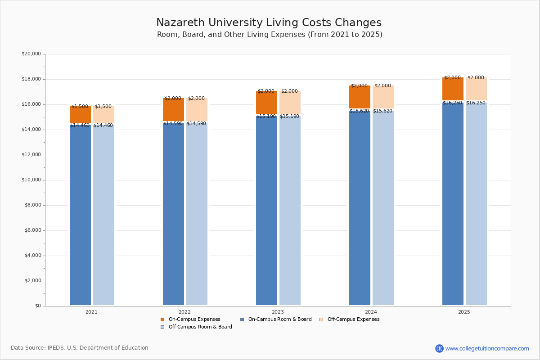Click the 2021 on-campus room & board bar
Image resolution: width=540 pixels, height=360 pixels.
(80, 216)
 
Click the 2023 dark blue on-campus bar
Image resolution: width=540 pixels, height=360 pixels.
(266, 211)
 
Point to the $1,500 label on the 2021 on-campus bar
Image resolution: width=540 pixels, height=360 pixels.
(80, 107)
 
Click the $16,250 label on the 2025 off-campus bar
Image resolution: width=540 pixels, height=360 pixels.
(476, 103)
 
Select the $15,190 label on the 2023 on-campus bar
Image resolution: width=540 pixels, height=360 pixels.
(266, 117)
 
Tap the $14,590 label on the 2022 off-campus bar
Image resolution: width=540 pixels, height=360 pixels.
(196, 124)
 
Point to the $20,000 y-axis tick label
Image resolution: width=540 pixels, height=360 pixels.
(31, 54)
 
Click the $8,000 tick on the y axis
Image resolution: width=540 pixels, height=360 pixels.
(32, 205)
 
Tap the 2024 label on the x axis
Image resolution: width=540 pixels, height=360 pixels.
(371, 312)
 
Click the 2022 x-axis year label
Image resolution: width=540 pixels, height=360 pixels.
(184, 312)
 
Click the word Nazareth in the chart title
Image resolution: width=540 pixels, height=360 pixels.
(178, 23)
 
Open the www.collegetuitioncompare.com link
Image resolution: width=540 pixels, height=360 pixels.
(487, 348)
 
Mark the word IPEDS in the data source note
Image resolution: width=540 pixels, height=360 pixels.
(56, 348)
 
